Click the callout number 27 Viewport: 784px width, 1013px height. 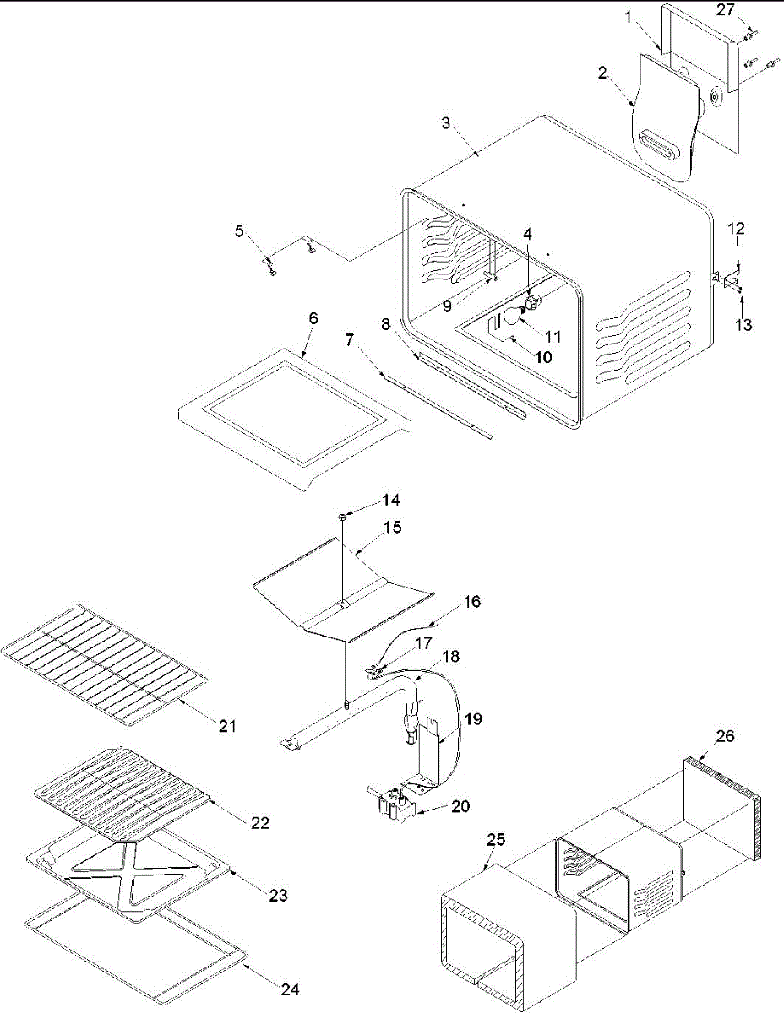click(726, 10)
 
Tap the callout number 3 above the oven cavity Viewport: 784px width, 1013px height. click(445, 123)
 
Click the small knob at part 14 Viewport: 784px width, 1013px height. click(342, 514)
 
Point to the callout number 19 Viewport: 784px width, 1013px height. click(474, 720)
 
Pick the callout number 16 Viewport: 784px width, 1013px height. click(471, 601)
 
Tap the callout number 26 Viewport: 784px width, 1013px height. click(724, 736)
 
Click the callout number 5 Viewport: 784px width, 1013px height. click(239, 230)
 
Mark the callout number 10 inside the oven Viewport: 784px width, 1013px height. click(542, 357)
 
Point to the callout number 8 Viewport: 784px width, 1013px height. click(385, 322)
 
